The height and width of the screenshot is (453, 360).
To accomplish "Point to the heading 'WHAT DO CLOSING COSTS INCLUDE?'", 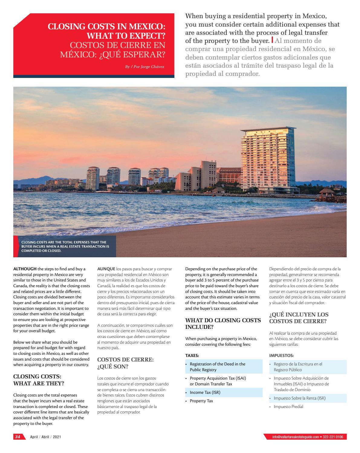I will pos(223,323).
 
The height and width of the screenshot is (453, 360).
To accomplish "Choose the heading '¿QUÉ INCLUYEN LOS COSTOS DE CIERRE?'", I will pos(299,318).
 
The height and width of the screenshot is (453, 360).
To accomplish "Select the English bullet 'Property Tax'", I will pos(201,401).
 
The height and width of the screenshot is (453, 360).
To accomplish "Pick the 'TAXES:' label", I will pos(192,355).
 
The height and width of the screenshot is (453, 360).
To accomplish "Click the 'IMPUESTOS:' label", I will pos(281,355).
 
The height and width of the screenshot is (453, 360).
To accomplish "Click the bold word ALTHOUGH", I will pos(24,269).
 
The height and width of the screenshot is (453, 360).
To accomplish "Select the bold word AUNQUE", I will pos(106,269).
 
